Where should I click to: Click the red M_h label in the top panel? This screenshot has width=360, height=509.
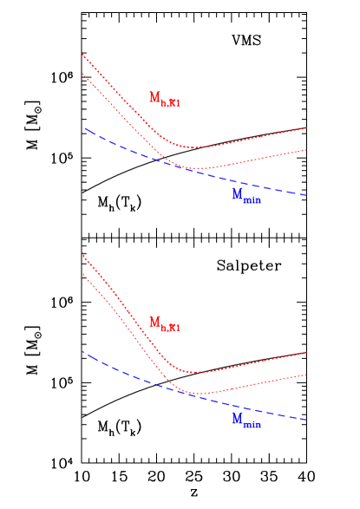(x=164, y=99)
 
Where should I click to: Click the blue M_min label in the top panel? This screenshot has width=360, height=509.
(x=246, y=196)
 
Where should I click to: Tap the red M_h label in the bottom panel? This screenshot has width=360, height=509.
(x=164, y=323)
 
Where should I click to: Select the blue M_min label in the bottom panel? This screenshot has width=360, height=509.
(x=246, y=421)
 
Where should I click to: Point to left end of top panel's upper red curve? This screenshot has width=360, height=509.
(x=82, y=55)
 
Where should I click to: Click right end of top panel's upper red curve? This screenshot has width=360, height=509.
(x=307, y=127)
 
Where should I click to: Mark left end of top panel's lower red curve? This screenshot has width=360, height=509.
(x=82, y=74)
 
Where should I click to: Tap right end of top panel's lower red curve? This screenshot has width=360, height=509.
(x=307, y=150)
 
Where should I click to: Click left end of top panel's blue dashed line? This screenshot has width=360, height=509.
(x=84, y=128)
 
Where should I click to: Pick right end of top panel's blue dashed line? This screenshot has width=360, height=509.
(x=307, y=195)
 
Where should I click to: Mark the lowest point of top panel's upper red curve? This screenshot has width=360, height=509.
(x=194, y=147)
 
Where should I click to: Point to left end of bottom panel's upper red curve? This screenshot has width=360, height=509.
(x=82, y=255)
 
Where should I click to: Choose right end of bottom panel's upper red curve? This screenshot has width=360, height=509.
(x=307, y=352)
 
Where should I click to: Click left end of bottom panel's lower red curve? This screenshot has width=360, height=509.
(x=82, y=274)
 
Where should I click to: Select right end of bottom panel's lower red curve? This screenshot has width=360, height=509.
(x=307, y=375)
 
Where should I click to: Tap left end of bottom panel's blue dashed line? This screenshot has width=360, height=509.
(x=83, y=352)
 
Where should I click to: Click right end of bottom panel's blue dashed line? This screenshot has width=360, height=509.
(x=307, y=420)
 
